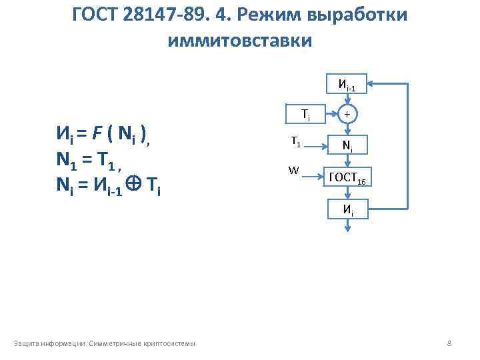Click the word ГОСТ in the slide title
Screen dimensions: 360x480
pyautogui.click(x=98, y=14)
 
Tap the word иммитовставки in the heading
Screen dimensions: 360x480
pyautogui.click(x=240, y=40)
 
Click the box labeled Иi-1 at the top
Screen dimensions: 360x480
pyautogui.click(x=347, y=85)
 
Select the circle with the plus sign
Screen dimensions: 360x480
pyautogui.click(x=347, y=114)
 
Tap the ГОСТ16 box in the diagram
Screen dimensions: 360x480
pyautogui.click(x=347, y=177)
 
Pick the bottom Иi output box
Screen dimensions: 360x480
pyautogui.click(x=347, y=209)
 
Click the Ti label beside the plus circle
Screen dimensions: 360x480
pyautogui.click(x=305, y=114)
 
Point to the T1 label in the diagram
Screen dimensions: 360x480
pyautogui.click(x=295, y=142)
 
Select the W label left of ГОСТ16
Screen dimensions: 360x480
pyautogui.click(x=293, y=171)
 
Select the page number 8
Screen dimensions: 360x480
pyautogui.click(x=449, y=343)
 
